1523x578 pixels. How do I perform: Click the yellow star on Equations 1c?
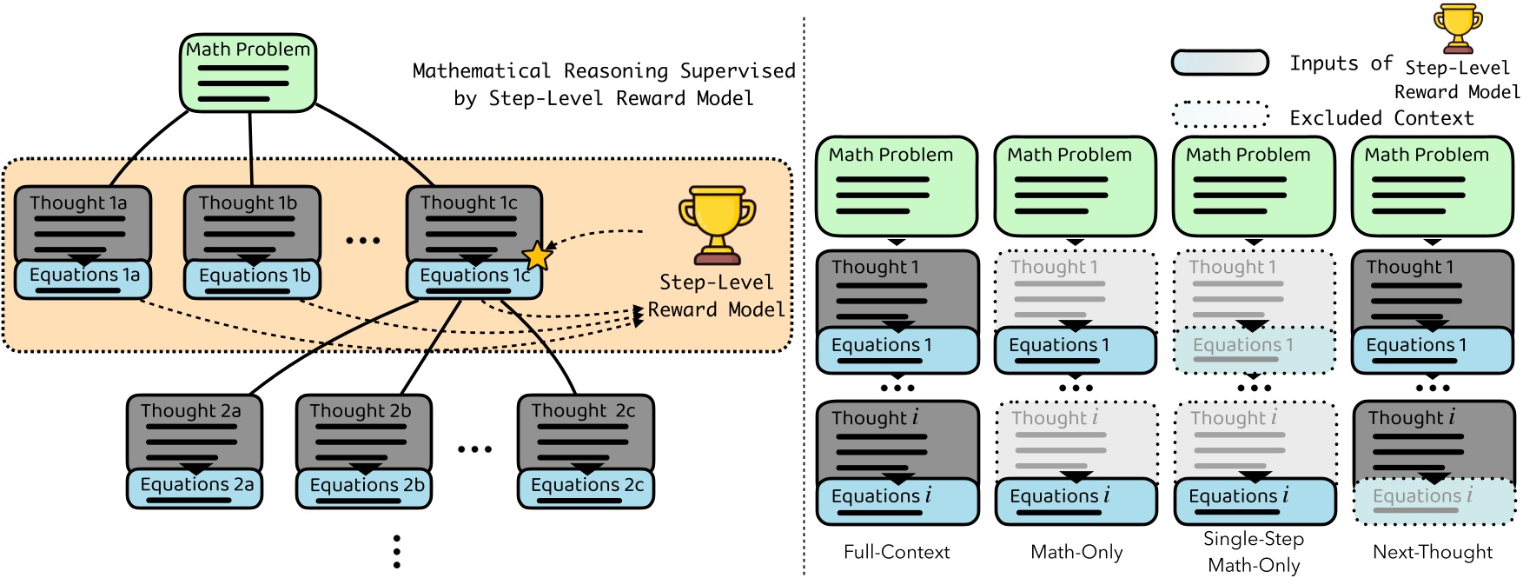[537, 256]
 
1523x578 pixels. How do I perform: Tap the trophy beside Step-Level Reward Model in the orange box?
[717, 224]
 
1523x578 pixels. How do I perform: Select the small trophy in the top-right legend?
[1457, 29]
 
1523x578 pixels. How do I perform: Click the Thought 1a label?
[78, 203]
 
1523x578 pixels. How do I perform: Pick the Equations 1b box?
[254, 278]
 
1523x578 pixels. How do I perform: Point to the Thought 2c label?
[583, 410]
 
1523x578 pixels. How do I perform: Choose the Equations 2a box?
[195, 487]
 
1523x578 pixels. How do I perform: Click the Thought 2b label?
[360, 410]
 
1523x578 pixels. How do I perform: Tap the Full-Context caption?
[897, 552]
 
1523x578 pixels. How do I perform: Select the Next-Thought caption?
[1432, 552]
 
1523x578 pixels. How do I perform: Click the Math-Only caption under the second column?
[1076, 552]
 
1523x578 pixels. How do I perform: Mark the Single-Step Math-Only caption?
[1254, 552]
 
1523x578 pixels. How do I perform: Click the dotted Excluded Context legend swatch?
[1220, 115]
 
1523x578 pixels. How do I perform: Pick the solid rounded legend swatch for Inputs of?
[1220, 63]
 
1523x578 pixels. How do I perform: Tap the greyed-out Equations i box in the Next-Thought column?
[1434, 501]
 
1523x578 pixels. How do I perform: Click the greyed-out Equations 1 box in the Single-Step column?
[1254, 349]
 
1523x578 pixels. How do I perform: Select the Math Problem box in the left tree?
[248, 73]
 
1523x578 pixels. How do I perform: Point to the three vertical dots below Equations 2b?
[396, 551]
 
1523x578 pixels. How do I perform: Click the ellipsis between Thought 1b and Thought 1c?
[362, 240]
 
